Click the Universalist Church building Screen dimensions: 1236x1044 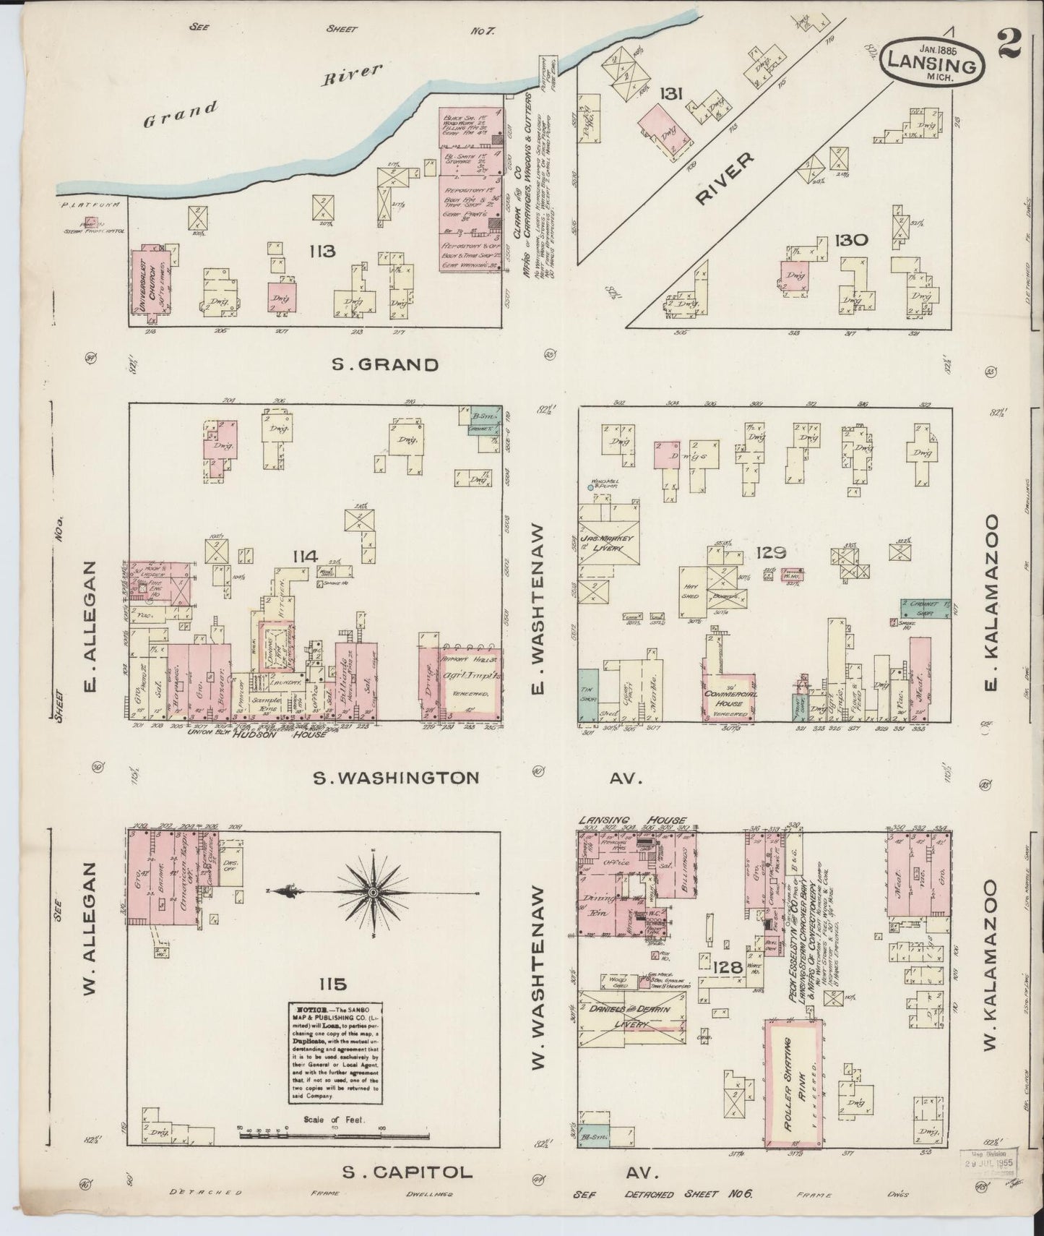(x=152, y=282)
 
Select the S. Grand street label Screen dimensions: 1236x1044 (x=384, y=365)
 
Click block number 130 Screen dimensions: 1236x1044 (x=850, y=240)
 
